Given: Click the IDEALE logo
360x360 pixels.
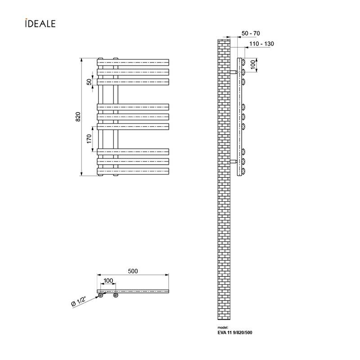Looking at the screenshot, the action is (x=40, y=23).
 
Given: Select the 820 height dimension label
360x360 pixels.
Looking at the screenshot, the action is (x=78, y=117).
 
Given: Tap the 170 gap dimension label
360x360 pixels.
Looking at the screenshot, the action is (x=89, y=139).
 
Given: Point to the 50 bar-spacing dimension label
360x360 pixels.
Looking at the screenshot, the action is (x=89, y=82).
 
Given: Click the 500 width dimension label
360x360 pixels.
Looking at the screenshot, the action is (x=133, y=271).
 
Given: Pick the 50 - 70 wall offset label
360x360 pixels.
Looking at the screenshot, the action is (x=251, y=33).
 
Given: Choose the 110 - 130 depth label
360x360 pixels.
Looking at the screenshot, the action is (x=261, y=44).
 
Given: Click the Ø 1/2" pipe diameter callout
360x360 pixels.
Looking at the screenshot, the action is (x=78, y=301).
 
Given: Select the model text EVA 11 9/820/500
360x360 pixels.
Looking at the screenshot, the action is (x=235, y=333).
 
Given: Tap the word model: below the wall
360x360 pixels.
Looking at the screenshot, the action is (x=223, y=328).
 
